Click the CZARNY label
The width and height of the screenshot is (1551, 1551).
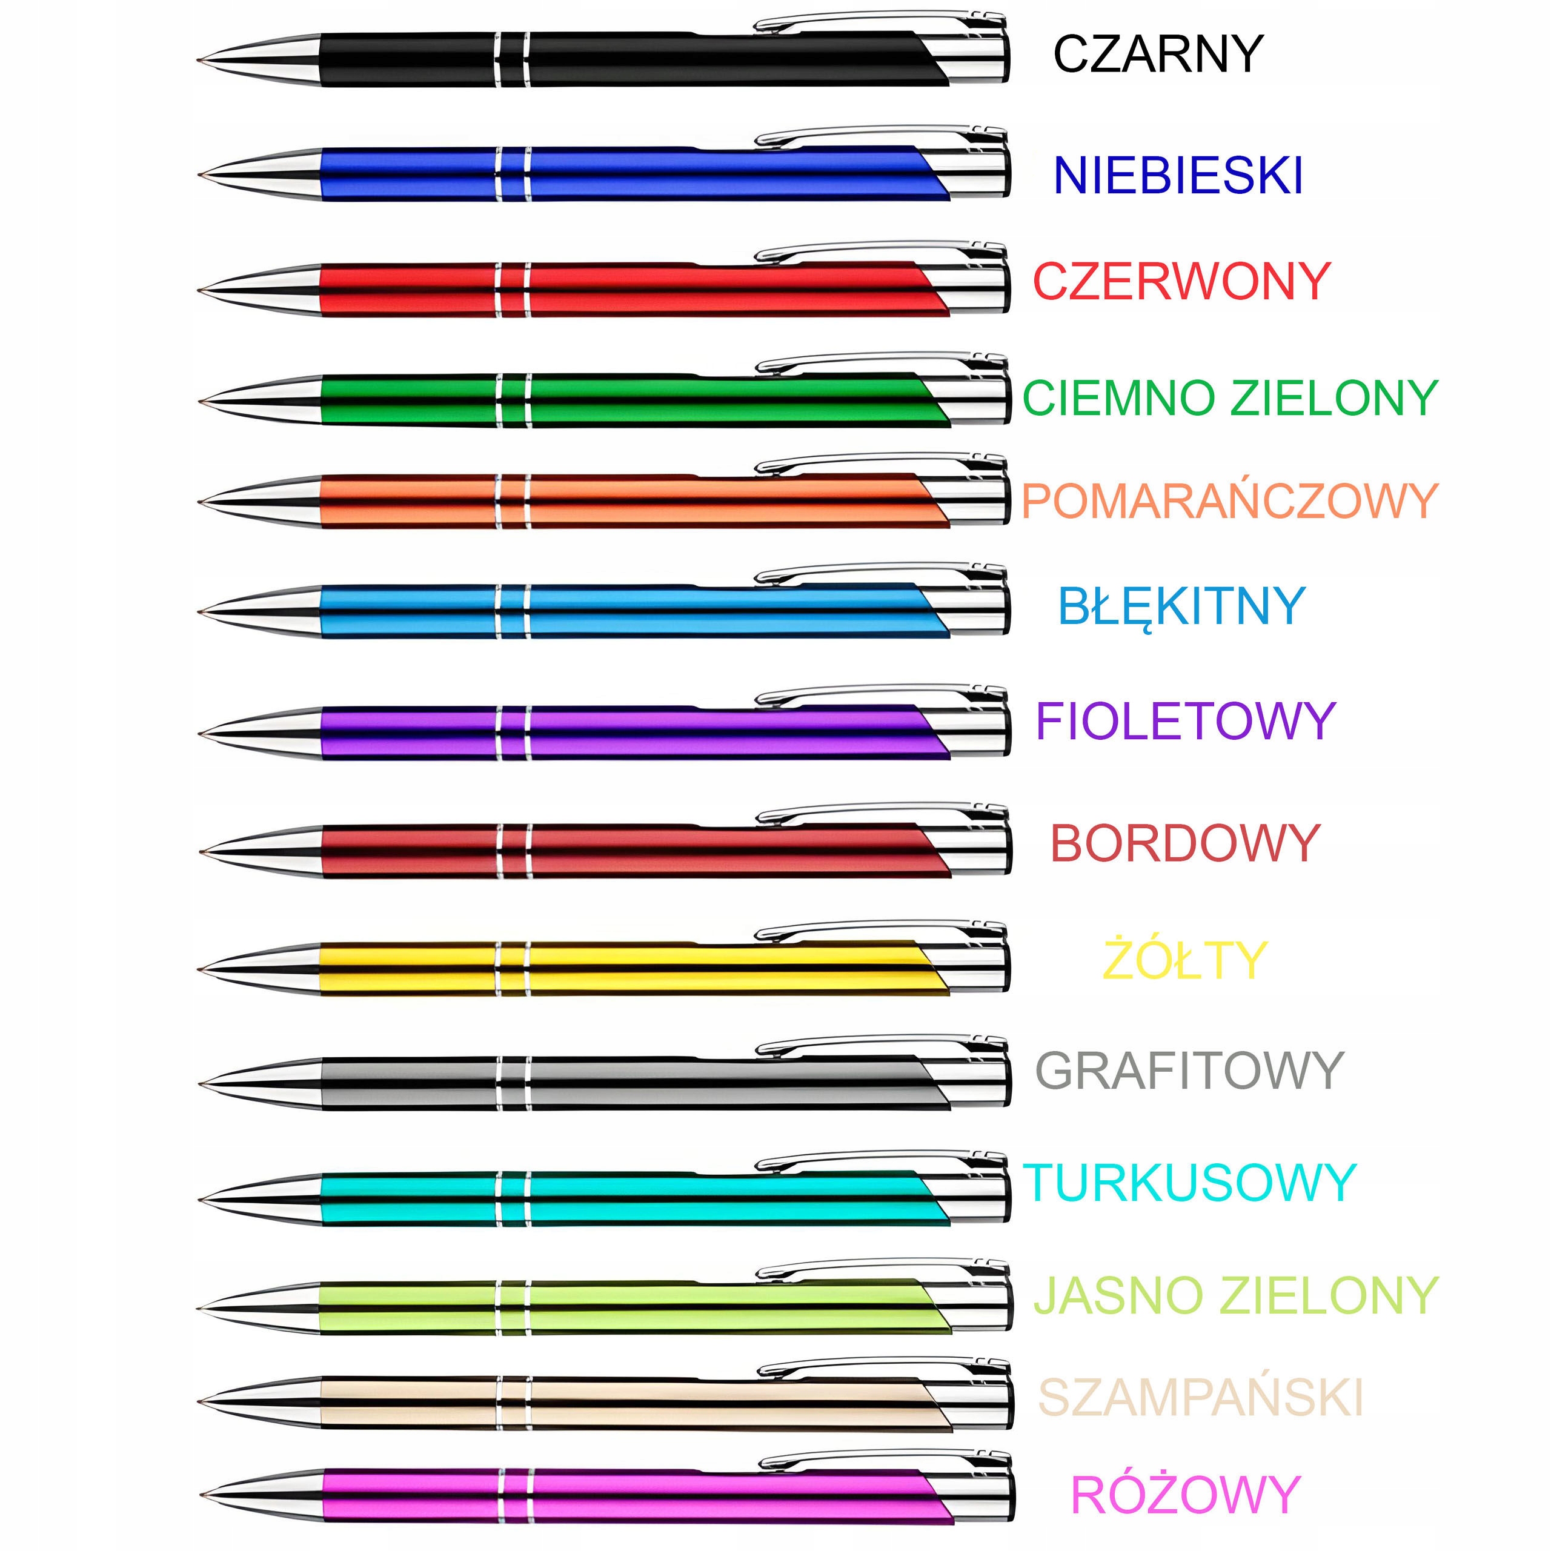click(x=1158, y=55)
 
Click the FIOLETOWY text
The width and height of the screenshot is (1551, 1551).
click(x=1185, y=721)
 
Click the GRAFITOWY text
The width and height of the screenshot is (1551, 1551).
click(x=1189, y=1071)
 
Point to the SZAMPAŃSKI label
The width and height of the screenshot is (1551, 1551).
click(x=1201, y=1398)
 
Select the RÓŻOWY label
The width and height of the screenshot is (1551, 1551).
click(x=1185, y=1495)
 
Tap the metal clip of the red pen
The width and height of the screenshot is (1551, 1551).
click(x=875, y=250)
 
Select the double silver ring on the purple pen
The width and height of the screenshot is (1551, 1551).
click(x=513, y=732)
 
